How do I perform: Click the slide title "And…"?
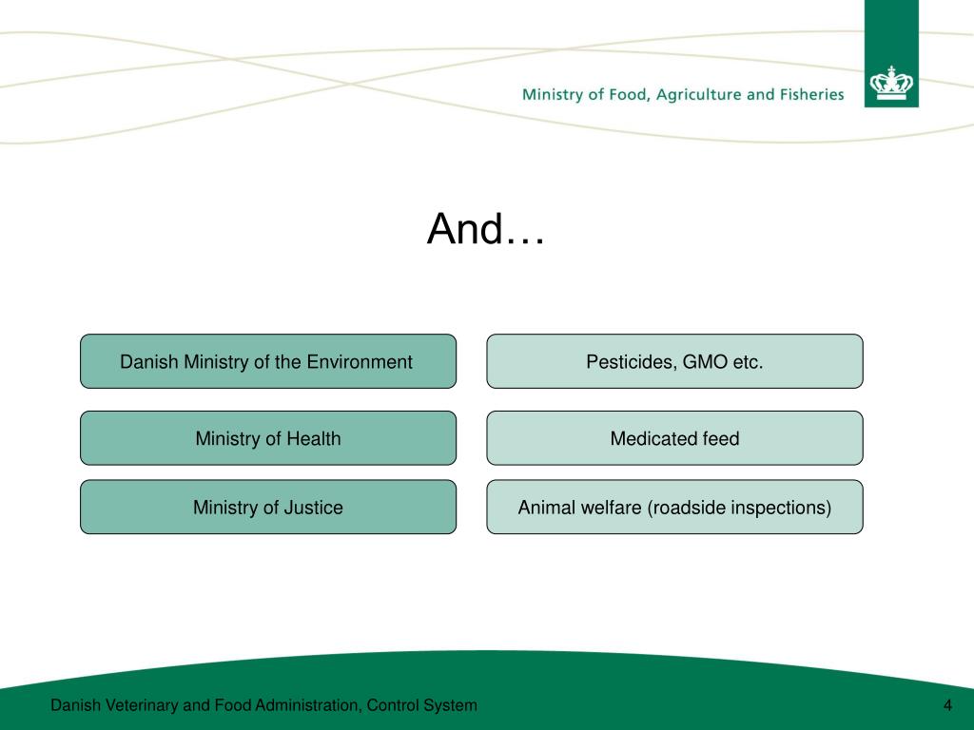[486, 229]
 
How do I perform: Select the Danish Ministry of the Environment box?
[267, 361]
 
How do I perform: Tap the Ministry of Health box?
[267, 438]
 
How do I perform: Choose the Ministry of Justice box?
[267, 508]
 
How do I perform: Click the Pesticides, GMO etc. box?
[674, 361]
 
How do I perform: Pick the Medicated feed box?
[674, 438]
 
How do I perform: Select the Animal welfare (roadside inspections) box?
[674, 508]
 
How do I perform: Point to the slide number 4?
[947, 705]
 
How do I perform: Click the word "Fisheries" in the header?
[808, 94]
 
